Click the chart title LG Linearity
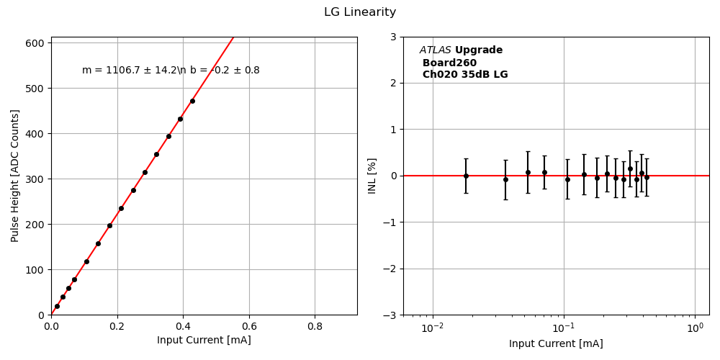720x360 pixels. [x=359, y=12]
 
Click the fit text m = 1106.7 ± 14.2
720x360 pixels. [x=130, y=71]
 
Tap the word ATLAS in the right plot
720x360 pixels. [x=436, y=50]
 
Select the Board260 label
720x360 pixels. [x=449, y=63]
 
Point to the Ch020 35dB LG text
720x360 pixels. [x=465, y=75]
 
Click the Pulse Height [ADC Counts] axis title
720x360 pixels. [x=15, y=176]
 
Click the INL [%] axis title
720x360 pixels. [x=372, y=176]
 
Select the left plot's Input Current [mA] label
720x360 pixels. [x=204, y=340]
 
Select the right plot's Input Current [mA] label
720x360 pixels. [x=556, y=344]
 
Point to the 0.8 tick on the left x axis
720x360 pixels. [x=315, y=325]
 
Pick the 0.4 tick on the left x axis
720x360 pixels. [x=183, y=325]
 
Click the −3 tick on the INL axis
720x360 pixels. [x=388, y=315]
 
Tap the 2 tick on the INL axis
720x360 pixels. [x=392, y=83]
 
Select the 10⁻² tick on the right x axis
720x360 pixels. [x=432, y=328]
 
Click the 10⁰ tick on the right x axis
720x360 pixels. [x=695, y=328]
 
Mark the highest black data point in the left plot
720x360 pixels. [x=192, y=101]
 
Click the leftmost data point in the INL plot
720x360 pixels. [x=466, y=176]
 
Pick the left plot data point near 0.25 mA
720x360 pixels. [x=133, y=190]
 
